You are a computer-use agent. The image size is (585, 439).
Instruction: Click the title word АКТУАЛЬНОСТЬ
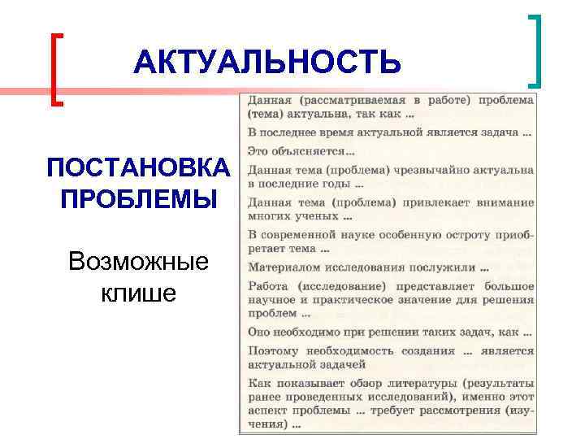[x=267, y=63]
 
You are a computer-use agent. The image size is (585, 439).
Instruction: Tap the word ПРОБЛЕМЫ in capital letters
[x=138, y=199]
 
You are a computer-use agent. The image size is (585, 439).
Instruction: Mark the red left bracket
[x=56, y=69]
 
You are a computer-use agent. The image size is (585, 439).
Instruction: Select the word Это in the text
[x=259, y=151]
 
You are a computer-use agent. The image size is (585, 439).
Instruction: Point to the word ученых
[x=317, y=216]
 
